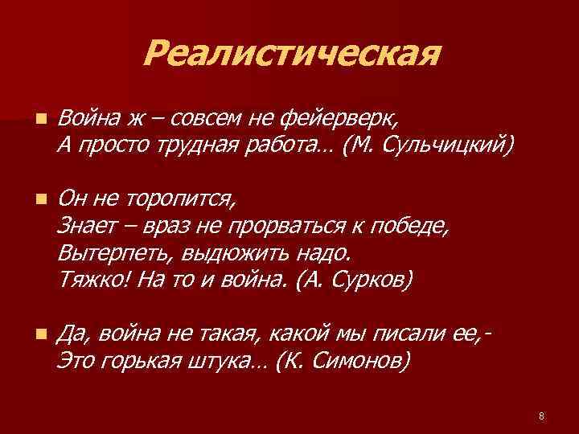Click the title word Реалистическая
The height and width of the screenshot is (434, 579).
tap(293, 55)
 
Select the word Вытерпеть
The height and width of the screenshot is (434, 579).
tap(109, 253)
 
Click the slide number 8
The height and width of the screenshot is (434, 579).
tap(541, 416)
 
